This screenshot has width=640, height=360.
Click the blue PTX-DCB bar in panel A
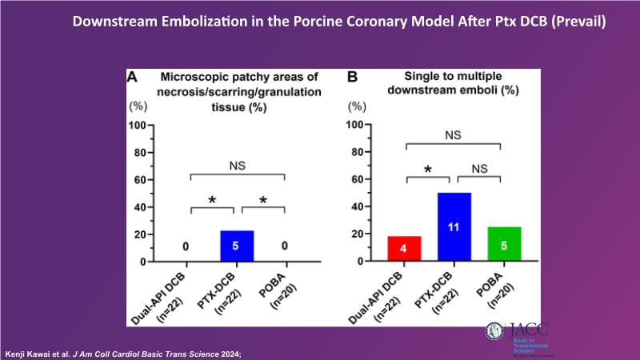point(237,246)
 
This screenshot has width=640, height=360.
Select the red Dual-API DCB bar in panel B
point(403,249)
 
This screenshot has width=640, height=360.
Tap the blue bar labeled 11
point(453,227)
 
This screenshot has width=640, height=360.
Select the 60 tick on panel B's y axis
point(362,179)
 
